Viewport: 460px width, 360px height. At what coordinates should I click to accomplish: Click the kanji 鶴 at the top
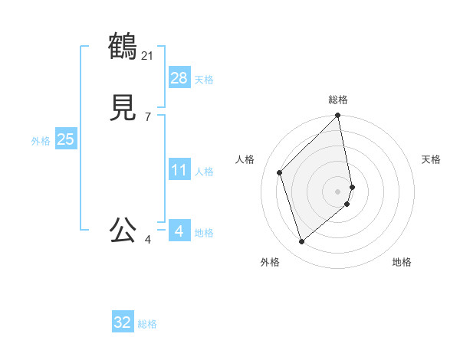click(123, 46)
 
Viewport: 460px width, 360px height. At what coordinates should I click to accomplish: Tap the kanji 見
click(123, 107)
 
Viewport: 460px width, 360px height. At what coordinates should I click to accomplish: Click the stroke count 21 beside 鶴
click(148, 55)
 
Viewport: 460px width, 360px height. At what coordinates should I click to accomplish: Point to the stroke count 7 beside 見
click(148, 116)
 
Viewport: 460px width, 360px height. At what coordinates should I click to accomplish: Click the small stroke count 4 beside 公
click(148, 240)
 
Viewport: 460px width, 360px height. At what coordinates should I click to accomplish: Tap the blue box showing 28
click(179, 78)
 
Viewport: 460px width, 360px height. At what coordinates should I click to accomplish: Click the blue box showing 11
click(179, 170)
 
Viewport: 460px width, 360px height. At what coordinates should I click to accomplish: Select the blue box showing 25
click(65, 139)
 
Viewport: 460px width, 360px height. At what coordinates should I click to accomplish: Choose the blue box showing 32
click(122, 322)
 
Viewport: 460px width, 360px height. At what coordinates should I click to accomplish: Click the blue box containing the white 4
click(179, 231)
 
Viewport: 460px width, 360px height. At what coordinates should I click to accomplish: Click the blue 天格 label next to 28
click(204, 80)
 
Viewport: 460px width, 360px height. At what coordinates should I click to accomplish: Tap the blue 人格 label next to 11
click(204, 172)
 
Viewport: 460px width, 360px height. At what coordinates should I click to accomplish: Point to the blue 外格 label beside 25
click(41, 141)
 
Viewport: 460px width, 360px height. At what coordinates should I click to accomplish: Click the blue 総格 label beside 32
click(147, 324)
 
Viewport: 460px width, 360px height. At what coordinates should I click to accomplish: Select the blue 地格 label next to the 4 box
click(204, 233)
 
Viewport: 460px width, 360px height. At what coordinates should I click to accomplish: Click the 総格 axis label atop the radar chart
click(338, 100)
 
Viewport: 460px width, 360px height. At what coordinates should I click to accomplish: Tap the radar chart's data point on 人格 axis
click(280, 172)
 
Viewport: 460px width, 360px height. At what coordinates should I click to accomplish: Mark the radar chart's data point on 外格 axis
click(301, 242)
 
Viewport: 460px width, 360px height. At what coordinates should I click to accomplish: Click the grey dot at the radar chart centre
click(338, 190)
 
